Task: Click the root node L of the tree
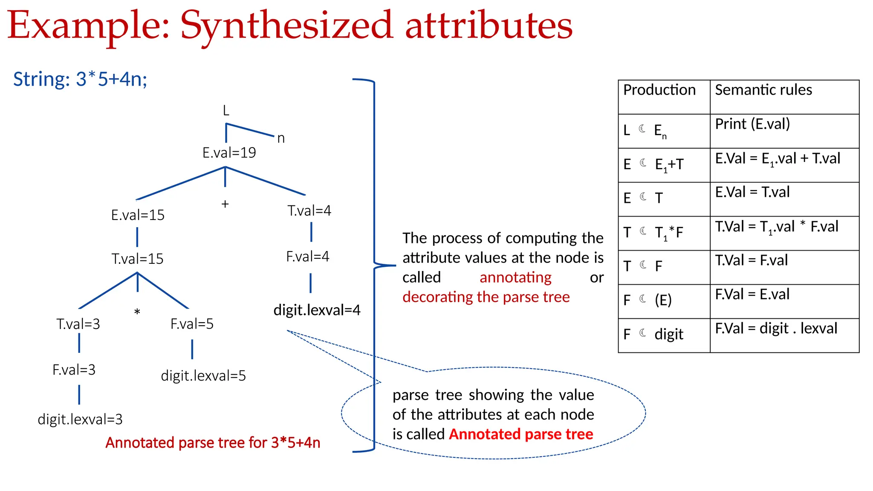pyautogui.click(x=226, y=111)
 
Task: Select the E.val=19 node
pyautogui.click(x=229, y=153)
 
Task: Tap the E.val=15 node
pyautogui.click(x=138, y=215)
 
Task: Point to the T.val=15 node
pyautogui.click(x=137, y=259)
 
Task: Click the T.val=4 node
pyautogui.click(x=309, y=211)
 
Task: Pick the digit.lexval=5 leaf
pyautogui.click(x=203, y=375)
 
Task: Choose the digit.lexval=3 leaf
pyautogui.click(x=80, y=419)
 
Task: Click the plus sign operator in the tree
pyautogui.click(x=225, y=204)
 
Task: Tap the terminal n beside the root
pyautogui.click(x=281, y=138)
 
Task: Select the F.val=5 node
pyautogui.click(x=192, y=324)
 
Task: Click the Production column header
pyautogui.click(x=659, y=90)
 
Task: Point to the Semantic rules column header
pyautogui.click(x=763, y=90)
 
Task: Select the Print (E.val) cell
pyautogui.click(x=752, y=124)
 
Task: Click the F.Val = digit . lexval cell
pyautogui.click(x=776, y=328)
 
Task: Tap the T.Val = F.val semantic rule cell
pyautogui.click(x=751, y=260)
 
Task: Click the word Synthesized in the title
pyautogui.click(x=286, y=26)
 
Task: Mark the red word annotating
pyautogui.click(x=515, y=277)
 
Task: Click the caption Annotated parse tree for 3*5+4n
pyautogui.click(x=213, y=443)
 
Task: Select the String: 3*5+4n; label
pyautogui.click(x=80, y=79)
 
